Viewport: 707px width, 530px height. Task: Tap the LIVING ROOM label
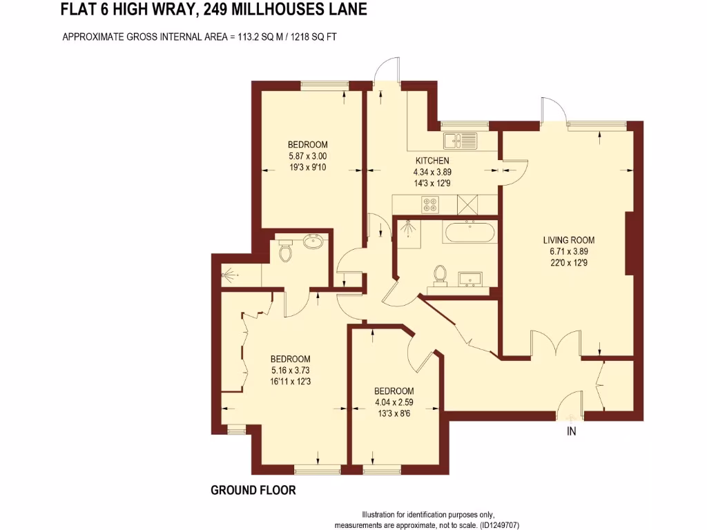[x=568, y=240]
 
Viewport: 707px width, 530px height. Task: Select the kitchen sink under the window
[x=460, y=141]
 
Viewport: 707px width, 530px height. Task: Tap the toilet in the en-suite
[x=284, y=253]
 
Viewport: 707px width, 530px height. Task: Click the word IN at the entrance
[x=571, y=432]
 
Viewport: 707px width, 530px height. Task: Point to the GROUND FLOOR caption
[x=253, y=491]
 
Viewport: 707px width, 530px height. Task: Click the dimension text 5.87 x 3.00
[x=307, y=156]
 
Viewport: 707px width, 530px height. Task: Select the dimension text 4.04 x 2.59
[x=394, y=402]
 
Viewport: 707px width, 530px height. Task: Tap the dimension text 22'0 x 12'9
[x=568, y=263]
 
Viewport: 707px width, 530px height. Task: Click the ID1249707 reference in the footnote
[x=495, y=524]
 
